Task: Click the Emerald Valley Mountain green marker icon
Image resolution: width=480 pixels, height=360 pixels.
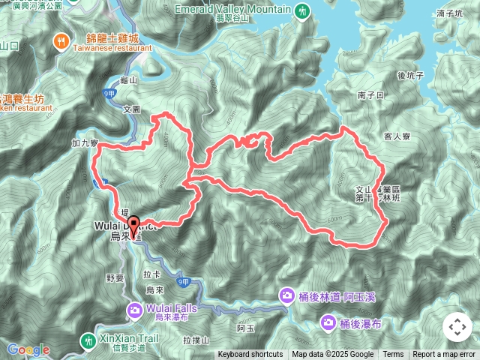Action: pyautogui.click(x=301, y=11)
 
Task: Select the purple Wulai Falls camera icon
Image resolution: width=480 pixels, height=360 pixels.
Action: pyautogui.click(x=134, y=310)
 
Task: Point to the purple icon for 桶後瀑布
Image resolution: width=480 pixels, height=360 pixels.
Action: pyautogui.click(x=328, y=323)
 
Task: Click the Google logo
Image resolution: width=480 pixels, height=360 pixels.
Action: pyautogui.click(x=28, y=349)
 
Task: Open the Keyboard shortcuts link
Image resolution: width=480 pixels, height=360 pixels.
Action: pyautogui.click(x=250, y=355)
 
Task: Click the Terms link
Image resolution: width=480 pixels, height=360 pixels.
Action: pyautogui.click(x=393, y=355)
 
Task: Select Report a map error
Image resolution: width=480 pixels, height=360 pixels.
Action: pyautogui.click(x=444, y=355)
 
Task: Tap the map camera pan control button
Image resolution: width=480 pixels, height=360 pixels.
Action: pyautogui.click(x=457, y=327)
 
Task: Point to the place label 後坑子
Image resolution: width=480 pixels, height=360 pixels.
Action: pyautogui.click(x=411, y=75)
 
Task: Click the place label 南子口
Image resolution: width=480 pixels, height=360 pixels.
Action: pyautogui.click(x=370, y=95)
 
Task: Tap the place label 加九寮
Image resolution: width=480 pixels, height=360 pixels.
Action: pyautogui.click(x=86, y=141)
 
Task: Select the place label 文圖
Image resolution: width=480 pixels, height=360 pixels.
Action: pyautogui.click(x=131, y=109)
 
